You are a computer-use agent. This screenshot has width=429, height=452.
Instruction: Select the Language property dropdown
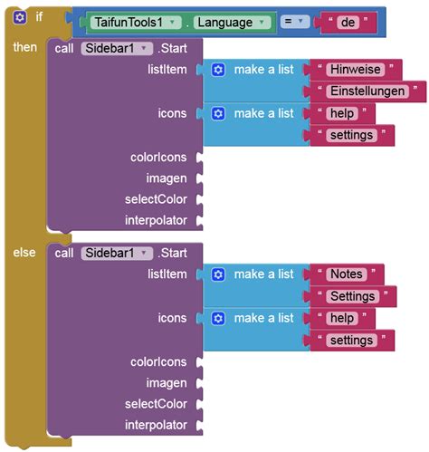tap(232, 23)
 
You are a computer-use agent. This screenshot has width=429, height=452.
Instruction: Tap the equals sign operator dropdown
tap(295, 22)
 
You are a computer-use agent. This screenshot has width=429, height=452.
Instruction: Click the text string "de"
tap(348, 23)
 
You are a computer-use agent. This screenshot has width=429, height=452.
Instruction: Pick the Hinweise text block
tap(356, 70)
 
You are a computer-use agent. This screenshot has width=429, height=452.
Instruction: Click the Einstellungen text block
tap(367, 91)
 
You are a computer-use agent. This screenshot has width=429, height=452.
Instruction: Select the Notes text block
tap(347, 274)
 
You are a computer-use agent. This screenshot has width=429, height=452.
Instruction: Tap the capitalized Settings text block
tap(352, 296)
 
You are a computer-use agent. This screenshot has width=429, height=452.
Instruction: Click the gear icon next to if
tap(20, 17)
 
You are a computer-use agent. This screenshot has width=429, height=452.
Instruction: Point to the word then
tap(24, 47)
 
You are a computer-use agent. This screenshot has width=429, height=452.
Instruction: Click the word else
tap(24, 253)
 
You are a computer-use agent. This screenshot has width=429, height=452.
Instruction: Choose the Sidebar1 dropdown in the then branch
tap(117, 48)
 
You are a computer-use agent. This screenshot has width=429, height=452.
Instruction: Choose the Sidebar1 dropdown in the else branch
tap(117, 253)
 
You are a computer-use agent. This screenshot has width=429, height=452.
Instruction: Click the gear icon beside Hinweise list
tap(218, 70)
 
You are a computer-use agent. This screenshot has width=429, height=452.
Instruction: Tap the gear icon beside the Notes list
tap(218, 274)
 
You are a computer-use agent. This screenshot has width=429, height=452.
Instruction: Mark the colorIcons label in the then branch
tap(158, 158)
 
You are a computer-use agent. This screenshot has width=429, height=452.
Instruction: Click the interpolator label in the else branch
tap(156, 425)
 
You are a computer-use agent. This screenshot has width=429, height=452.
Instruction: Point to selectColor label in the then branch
tap(156, 199)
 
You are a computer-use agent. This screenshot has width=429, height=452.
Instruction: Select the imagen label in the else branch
tap(167, 383)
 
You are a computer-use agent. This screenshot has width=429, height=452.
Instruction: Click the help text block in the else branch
tap(342, 318)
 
